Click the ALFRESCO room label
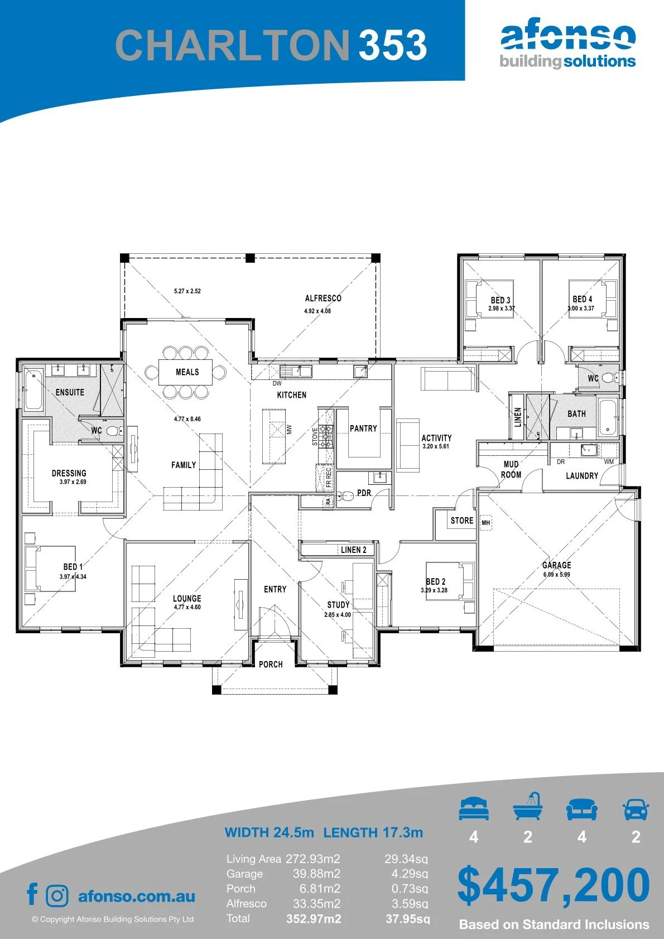tap(323, 298)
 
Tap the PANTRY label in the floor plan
tap(363, 428)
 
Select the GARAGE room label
tap(557, 565)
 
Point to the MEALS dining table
tap(186, 372)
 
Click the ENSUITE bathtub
tap(33, 389)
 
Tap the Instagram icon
tap(57, 896)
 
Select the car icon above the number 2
tap(636, 810)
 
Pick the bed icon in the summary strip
tap(474, 808)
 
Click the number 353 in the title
tap(393, 45)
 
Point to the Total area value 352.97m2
tap(314, 919)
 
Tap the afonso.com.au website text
tap(137, 896)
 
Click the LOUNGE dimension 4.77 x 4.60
tap(187, 607)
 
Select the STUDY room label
tap(338, 604)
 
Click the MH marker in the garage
tap(485, 523)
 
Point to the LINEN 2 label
tap(353, 550)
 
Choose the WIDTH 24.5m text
tap(269, 832)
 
